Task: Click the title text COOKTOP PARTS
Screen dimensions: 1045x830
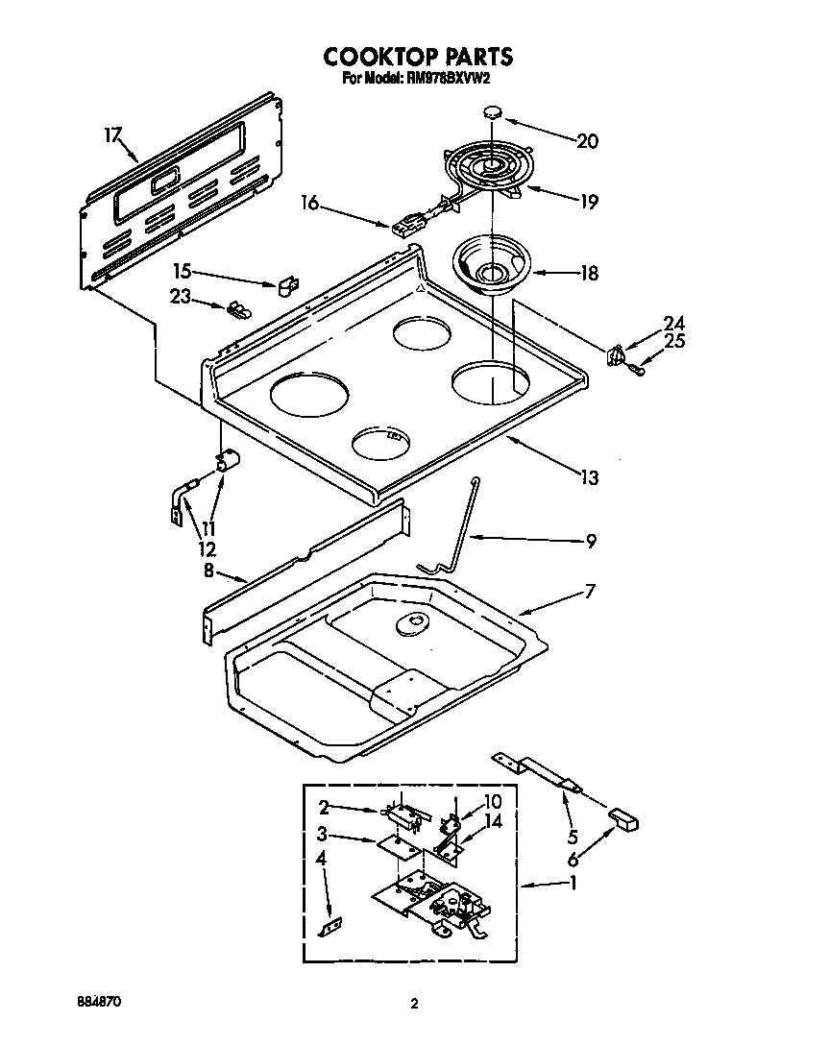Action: point(416,57)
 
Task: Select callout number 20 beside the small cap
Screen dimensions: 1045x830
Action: point(587,141)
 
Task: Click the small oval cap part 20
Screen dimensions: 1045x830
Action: point(493,112)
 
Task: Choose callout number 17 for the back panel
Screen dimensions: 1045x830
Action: point(112,135)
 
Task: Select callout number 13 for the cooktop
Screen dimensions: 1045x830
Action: point(589,476)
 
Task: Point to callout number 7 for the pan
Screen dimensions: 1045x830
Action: point(589,592)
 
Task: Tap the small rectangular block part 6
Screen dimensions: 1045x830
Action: point(623,819)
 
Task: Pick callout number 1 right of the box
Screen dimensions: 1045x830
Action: point(573,885)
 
